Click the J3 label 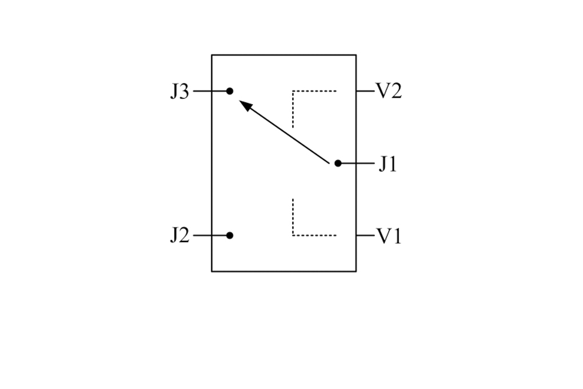coord(179,91)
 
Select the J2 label coord(179,236)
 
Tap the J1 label coord(388,164)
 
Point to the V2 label coord(389,91)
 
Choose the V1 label coord(389,236)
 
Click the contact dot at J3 coord(230,91)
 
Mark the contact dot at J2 coord(230,235)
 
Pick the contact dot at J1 coord(338,163)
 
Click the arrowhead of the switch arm coord(245,105)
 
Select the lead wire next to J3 coord(210,91)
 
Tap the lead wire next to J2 coord(210,235)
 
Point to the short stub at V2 coord(365,91)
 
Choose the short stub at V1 coord(365,235)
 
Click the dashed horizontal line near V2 coord(314,91)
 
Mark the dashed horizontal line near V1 coord(314,235)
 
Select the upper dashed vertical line coord(293,109)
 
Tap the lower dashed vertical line coord(293,217)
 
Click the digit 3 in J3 coord(185,92)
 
